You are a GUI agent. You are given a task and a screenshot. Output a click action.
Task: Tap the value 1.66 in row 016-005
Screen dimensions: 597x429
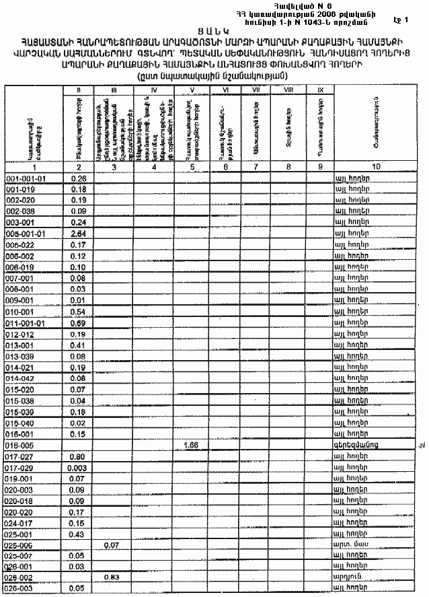[x=192, y=445]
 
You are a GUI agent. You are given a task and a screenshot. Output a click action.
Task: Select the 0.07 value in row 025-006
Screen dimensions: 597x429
[x=112, y=544]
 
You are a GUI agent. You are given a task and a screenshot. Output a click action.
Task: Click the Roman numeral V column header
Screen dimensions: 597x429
[x=192, y=90]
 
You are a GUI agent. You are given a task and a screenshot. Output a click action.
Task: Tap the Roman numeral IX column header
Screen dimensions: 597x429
[x=320, y=89]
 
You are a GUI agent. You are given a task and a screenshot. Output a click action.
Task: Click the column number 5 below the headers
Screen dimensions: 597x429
[x=192, y=168]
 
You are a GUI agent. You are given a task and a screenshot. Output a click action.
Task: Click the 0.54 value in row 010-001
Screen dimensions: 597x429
[x=79, y=312]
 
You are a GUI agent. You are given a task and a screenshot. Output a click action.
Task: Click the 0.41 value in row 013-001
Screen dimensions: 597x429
[x=79, y=345]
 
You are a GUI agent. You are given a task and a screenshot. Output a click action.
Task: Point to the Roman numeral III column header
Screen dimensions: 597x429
[x=114, y=90]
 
